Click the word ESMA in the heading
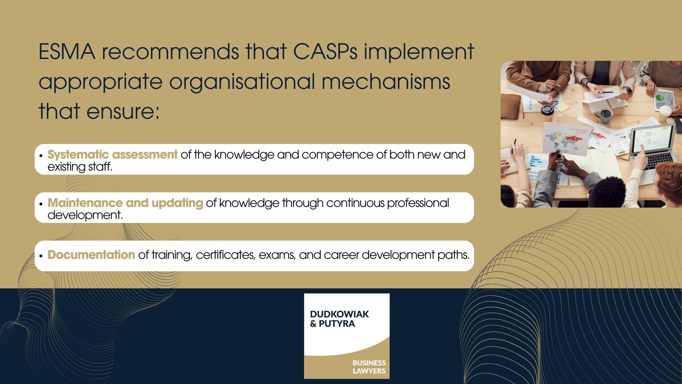pyautogui.click(x=67, y=52)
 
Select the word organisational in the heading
pyautogui.click(x=242, y=82)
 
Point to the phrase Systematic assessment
pyautogui.click(x=112, y=155)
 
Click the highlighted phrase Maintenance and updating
pyautogui.click(x=125, y=203)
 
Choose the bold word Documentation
pyautogui.click(x=91, y=255)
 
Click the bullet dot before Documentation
pyautogui.click(x=41, y=256)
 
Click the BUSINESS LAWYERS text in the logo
pyautogui.click(x=369, y=367)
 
